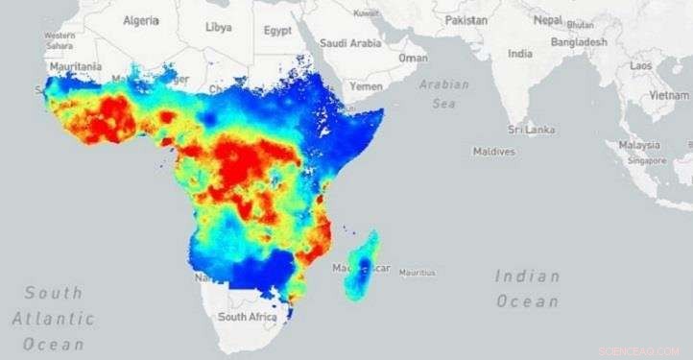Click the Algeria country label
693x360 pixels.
[140, 21]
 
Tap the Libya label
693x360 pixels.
[218, 27]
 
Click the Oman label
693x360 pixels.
[414, 58]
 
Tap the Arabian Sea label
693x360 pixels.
[444, 94]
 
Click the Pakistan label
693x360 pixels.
[466, 19]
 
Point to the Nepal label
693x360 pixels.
[547, 19]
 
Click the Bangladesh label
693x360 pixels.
[579, 42]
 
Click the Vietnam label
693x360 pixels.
[669, 96]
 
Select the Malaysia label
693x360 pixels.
[639, 145]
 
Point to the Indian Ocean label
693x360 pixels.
[527, 288]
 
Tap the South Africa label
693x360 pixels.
[248, 316]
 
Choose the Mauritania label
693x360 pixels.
[75, 66]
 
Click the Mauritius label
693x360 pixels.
[417, 272]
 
